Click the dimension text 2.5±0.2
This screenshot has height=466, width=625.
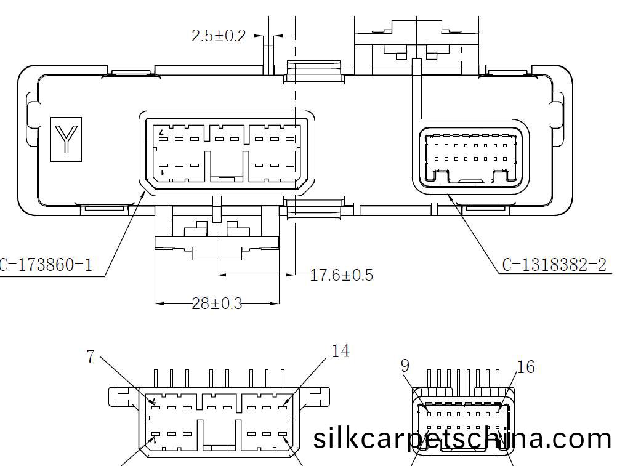click(x=219, y=36)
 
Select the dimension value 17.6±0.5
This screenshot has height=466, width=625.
click(x=341, y=275)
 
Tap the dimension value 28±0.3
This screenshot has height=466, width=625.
click(x=217, y=303)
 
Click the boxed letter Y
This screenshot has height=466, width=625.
click(x=66, y=139)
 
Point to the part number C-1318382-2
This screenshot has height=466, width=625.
click(x=554, y=265)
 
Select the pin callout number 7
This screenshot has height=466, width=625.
click(x=91, y=356)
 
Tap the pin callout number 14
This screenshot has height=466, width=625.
click(x=341, y=352)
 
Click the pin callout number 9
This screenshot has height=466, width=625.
click(x=405, y=366)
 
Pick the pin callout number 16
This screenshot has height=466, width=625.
click(x=526, y=367)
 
